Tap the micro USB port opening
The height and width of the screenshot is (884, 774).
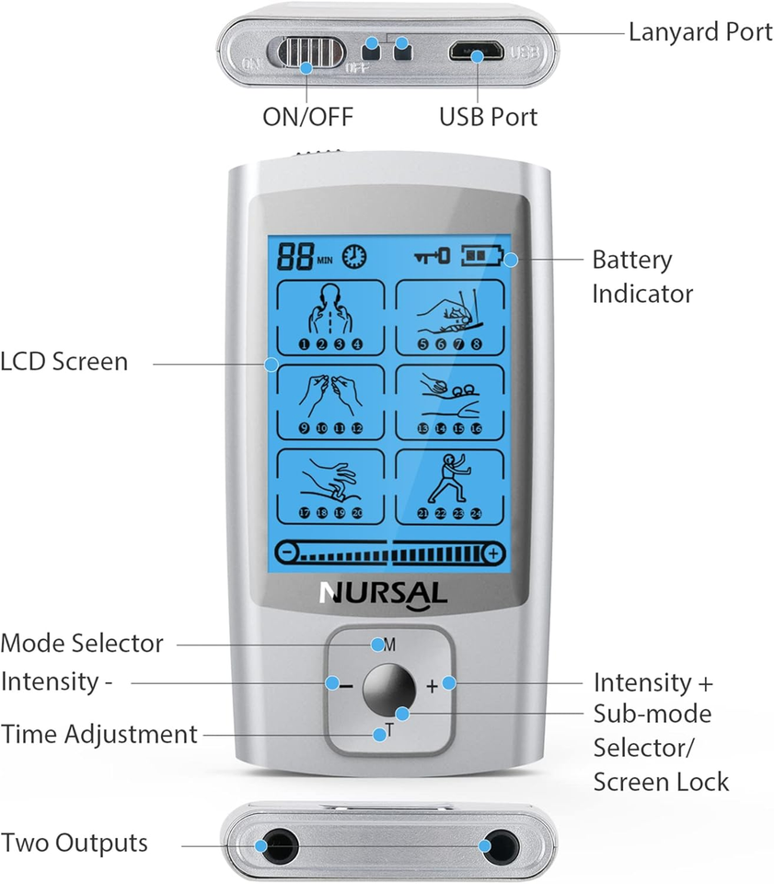(476, 52)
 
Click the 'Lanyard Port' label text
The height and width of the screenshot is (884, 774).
(699, 32)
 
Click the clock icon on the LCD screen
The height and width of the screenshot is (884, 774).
(354, 256)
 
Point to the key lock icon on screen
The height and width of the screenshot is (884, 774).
(431, 256)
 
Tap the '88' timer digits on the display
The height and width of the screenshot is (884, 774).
(295, 256)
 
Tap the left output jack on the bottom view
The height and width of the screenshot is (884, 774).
(273, 845)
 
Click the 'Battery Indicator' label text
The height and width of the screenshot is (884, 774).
(641, 276)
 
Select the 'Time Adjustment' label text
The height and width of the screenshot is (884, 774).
(99, 735)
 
